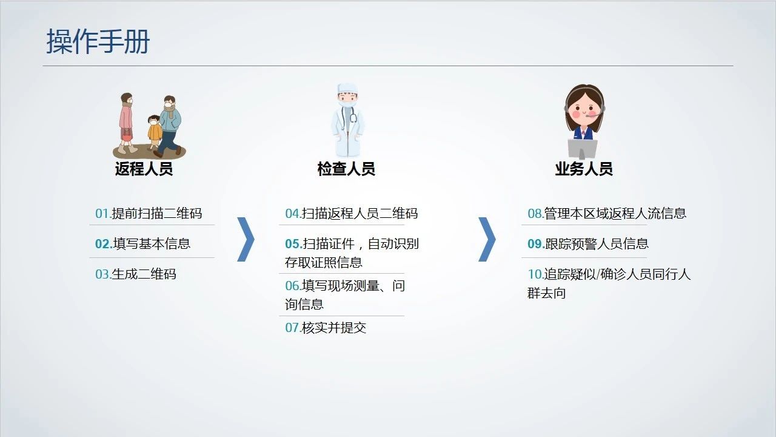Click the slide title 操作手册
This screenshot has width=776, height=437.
click(x=98, y=42)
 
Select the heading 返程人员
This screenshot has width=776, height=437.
click(x=144, y=169)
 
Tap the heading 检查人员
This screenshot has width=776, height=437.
click(x=346, y=169)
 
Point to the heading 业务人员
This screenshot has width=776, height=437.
click(x=584, y=169)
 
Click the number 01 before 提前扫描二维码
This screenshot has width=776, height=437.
click(x=103, y=214)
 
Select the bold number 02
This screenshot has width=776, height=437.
click(x=104, y=244)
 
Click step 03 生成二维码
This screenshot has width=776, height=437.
click(x=135, y=274)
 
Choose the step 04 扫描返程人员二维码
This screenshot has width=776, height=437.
click(x=351, y=214)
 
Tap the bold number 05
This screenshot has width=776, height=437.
click(x=293, y=244)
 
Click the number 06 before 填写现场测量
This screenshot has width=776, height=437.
click(x=293, y=286)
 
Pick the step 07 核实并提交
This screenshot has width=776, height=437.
click(x=326, y=328)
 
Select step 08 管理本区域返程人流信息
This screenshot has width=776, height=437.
click(x=607, y=214)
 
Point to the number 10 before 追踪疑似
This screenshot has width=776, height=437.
click(x=535, y=274)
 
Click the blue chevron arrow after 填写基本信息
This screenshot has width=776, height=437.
click(x=247, y=239)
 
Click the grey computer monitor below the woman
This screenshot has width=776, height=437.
click(x=583, y=149)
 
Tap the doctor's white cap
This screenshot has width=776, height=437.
click(x=347, y=88)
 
